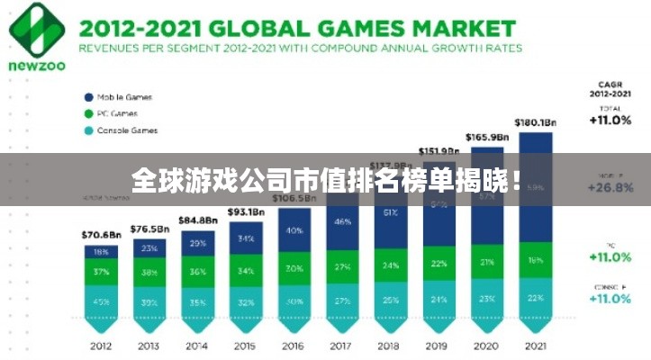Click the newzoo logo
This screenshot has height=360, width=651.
pyautogui.click(x=35, y=36)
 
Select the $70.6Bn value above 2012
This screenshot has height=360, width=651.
pyautogui.click(x=100, y=236)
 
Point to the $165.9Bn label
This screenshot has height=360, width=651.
pyautogui.click(x=487, y=137)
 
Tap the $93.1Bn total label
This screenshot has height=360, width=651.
pyautogui.click(x=246, y=211)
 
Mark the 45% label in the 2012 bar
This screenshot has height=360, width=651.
pyautogui.click(x=100, y=301)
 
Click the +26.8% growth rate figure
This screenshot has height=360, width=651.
pyautogui.click(x=610, y=189)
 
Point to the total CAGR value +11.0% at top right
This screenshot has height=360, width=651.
pyautogui.click(x=610, y=119)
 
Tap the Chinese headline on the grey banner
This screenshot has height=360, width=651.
pyautogui.click(x=325, y=180)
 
